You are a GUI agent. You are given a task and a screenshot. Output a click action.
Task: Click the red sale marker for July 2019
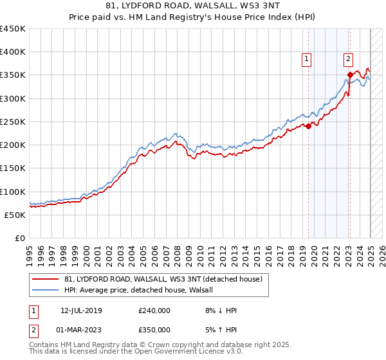(x=308, y=126)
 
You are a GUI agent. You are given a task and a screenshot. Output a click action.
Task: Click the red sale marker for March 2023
(x=350, y=75)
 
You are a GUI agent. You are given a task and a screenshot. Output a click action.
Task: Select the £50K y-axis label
(x=15, y=215)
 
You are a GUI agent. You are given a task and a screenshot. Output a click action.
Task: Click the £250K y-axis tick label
(x=12, y=122)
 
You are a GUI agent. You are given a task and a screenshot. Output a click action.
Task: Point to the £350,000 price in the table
(x=154, y=330)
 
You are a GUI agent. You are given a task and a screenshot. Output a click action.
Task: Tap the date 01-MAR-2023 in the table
(x=81, y=330)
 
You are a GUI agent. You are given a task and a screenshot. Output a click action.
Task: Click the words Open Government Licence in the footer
(x=170, y=352)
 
